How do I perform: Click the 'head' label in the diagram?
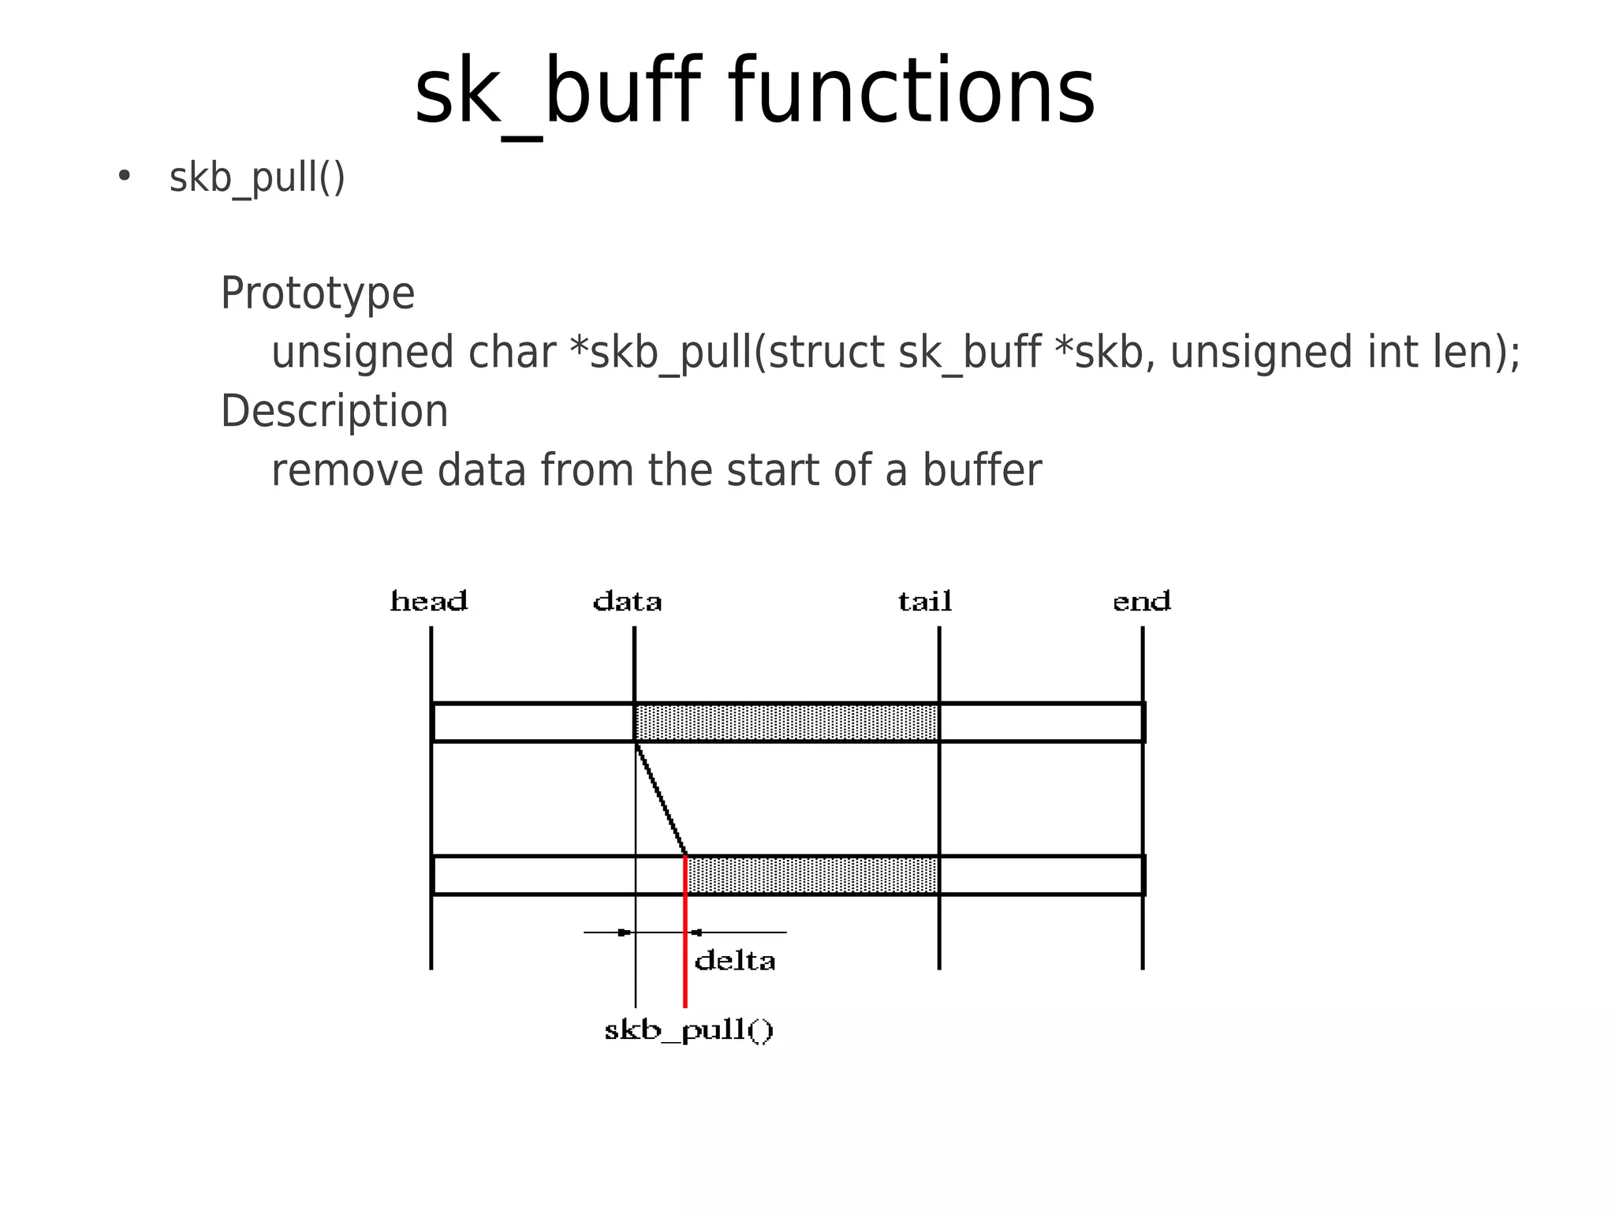click(x=429, y=602)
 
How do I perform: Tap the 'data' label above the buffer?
click(x=627, y=602)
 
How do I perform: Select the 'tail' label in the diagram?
click(x=925, y=602)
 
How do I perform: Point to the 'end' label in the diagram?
click(x=1141, y=602)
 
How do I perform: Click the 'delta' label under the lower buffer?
click(x=735, y=961)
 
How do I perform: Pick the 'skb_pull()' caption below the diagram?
click(x=689, y=1030)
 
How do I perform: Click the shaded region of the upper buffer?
click(x=786, y=723)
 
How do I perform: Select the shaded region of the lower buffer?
click(x=812, y=876)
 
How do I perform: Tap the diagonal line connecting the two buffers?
click(x=661, y=798)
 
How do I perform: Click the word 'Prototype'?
click(x=317, y=293)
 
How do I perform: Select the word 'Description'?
click(x=334, y=412)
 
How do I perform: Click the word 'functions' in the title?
click(x=912, y=92)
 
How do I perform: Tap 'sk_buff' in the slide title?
click(x=557, y=92)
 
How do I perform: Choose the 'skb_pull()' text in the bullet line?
click(x=257, y=177)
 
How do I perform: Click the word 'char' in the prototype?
click(x=512, y=352)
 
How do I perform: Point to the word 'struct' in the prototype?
click(x=826, y=352)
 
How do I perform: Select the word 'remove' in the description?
click(x=347, y=470)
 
